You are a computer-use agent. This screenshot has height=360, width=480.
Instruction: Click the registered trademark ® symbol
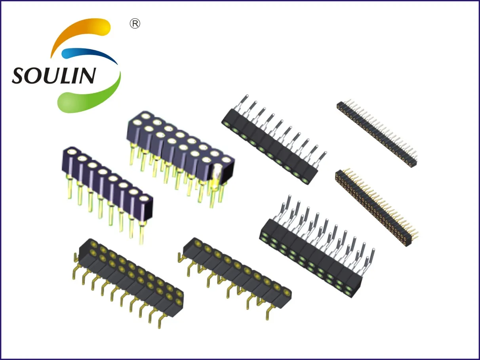pos(135,24)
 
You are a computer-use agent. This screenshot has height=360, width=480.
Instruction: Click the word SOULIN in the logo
pos(54,75)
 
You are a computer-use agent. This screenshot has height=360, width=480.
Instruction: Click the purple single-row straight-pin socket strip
pos(107,186)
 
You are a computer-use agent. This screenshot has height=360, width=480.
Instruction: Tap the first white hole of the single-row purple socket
pos(72,152)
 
